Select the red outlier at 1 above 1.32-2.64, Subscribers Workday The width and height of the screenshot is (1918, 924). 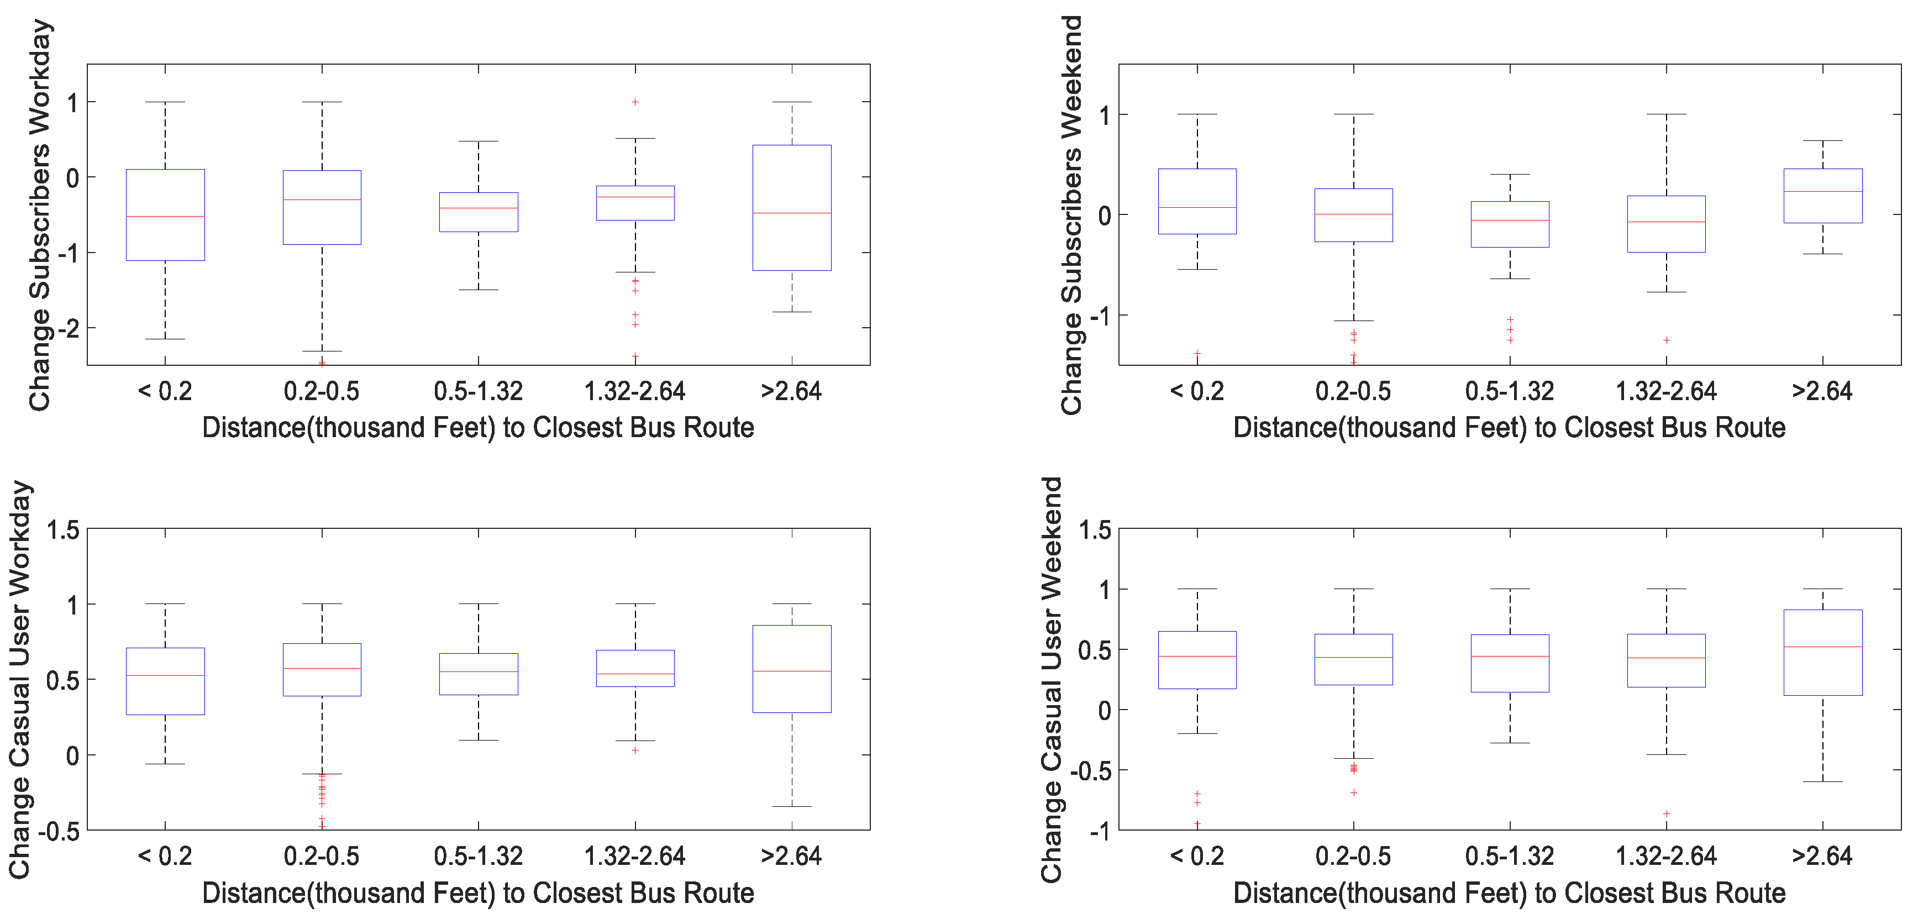635,102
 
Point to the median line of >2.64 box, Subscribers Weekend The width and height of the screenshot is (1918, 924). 1823,192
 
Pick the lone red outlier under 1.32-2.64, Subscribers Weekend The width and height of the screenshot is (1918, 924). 1667,340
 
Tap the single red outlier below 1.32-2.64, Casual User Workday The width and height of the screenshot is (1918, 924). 635,750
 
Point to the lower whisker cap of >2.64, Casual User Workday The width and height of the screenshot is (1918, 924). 791,806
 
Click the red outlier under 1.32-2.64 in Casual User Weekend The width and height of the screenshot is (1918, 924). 1667,814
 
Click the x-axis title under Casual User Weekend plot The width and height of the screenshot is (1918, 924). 1509,893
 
